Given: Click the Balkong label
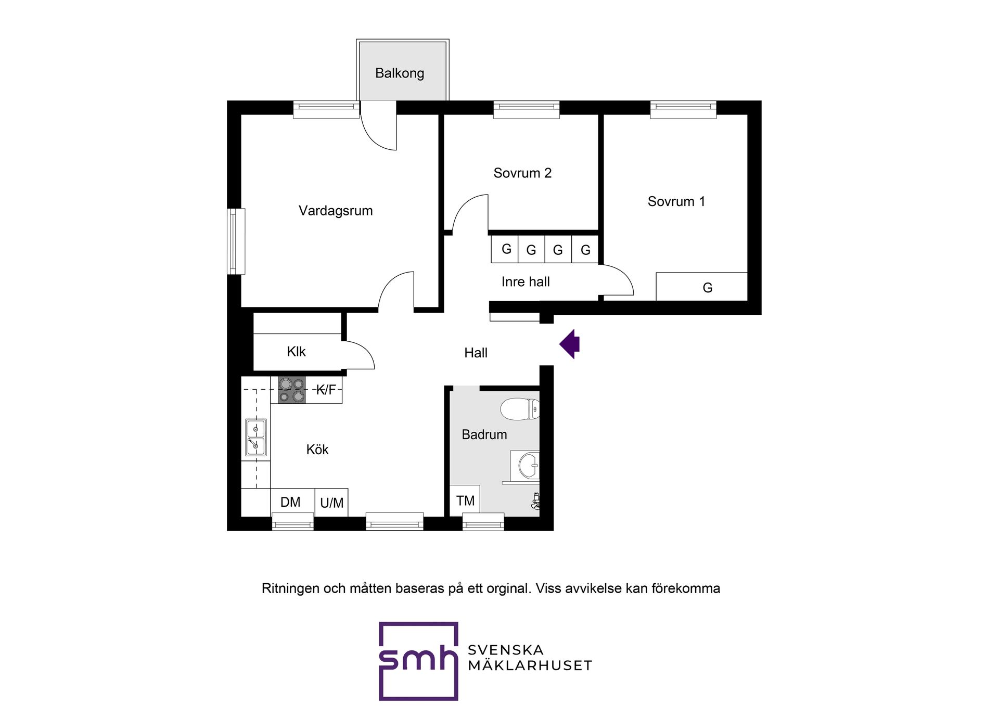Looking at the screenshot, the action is [x=400, y=73].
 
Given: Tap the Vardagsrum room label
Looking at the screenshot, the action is [x=336, y=211].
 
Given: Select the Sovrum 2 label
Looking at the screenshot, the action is [x=522, y=173].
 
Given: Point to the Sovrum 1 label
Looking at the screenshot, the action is [x=676, y=201].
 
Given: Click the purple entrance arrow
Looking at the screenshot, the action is [x=570, y=344].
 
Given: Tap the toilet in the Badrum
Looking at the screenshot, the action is [x=520, y=409].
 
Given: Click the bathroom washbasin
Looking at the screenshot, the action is [x=526, y=466].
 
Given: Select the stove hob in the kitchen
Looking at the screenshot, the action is [x=291, y=390].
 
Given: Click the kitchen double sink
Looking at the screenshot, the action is [x=256, y=438].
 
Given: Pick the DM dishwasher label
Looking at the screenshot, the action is [x=290, y=502].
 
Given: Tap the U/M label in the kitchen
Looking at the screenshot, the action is [x=331, y=503].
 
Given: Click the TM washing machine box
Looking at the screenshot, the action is [x=465, y=500].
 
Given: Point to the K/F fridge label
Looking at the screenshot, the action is [x=326, y=390].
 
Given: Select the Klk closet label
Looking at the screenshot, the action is [x=296, y=352].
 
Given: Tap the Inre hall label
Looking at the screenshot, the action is [x=526, y=282].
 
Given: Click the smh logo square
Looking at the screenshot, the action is [x=418, y=661].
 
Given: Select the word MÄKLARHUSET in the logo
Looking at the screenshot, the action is [x=530, y=665].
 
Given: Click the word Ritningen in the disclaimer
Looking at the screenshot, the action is [x=290, y=588].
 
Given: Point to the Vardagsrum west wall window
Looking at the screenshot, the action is [x=236, y=241].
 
